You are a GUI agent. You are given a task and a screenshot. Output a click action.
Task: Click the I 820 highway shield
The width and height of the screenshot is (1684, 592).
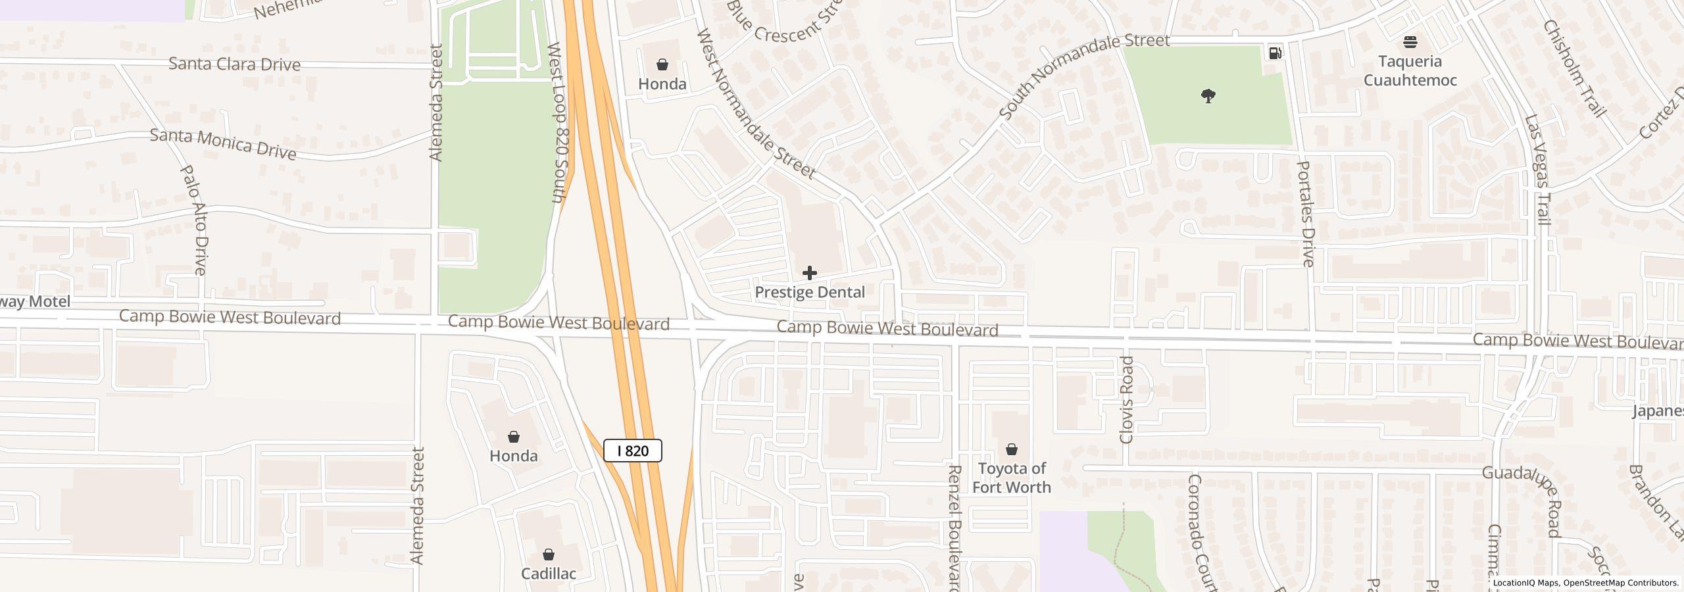(x=632, y=451)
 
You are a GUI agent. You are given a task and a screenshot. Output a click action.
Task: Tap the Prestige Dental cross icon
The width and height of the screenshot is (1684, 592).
(x=809, y=272)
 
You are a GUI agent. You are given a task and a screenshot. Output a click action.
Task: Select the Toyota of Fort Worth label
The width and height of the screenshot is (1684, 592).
(x=1011, y=478)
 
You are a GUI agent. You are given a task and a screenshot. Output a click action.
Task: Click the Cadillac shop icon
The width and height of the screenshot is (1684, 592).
(x=548, y=555)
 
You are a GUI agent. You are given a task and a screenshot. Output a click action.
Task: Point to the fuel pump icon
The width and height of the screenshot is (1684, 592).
(x=1275, y=53)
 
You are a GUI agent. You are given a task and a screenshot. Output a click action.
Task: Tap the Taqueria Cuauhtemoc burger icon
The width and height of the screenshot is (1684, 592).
(x=1410, y=43)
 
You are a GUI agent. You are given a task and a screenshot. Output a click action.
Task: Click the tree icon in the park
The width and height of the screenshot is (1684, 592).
(x=1208, y=97)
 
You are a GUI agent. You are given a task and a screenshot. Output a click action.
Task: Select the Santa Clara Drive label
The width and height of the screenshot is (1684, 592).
(x=234, y=64)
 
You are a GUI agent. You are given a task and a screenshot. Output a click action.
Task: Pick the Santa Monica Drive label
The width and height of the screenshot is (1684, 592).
(x=223, y=144)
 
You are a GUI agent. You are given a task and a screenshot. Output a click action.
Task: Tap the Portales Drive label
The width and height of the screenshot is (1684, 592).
(x=1306, y=214)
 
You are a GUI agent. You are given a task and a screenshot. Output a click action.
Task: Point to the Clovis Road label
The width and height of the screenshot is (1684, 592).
(x=1127, y=400)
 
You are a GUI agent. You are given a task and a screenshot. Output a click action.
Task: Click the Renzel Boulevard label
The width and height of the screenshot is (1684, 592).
(x=955, y=526)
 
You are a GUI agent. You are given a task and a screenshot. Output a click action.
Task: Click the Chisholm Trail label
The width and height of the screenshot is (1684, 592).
(x=1574, y=68)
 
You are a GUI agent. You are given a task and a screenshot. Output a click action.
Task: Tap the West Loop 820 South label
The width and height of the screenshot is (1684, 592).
(x=557, y=122)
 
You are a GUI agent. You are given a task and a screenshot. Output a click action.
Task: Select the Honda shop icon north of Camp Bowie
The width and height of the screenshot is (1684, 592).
(x=662, y=64)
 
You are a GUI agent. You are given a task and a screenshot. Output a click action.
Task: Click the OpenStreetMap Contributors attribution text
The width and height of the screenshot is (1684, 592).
(x=1621, y=583)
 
